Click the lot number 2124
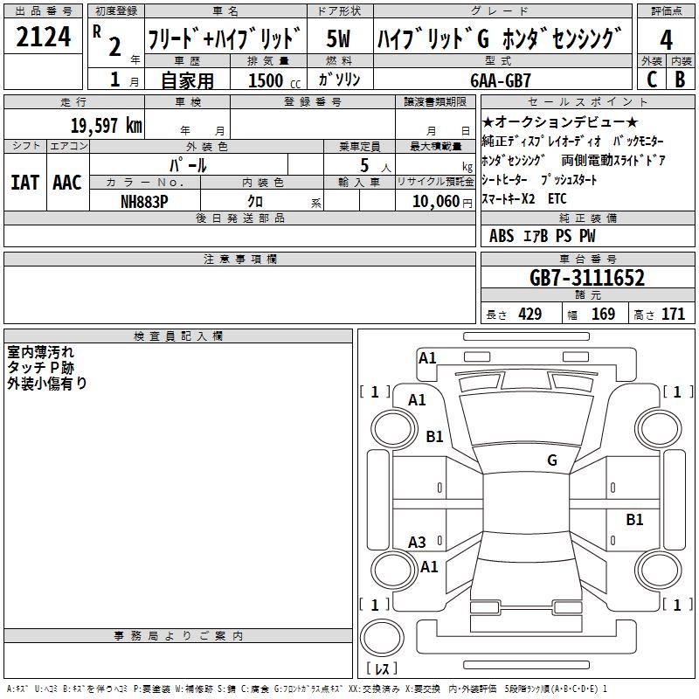tap(43, 37)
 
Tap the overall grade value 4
tap(666, 39)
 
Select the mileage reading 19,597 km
tap(106, 126)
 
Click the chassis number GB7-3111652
tap(587, 278)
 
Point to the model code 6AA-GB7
tap(501, 80)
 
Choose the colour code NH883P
tap(144, 202)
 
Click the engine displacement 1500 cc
tap(274, 80)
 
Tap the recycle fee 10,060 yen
tap(442, 202)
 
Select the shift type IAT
tap(24, 183)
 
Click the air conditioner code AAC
tap(67, 183)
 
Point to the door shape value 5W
tap(338, 38)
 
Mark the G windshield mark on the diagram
tap(552, 460)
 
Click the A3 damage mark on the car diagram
tap(417, 543)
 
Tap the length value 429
tap(530, 315)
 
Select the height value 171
tap(673, 315)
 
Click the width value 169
tap(603, 315)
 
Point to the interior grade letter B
tap(680, 80)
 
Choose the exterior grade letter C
tap(652, 80)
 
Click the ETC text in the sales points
tap(557, 199)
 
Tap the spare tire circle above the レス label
tap(382, 638)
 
